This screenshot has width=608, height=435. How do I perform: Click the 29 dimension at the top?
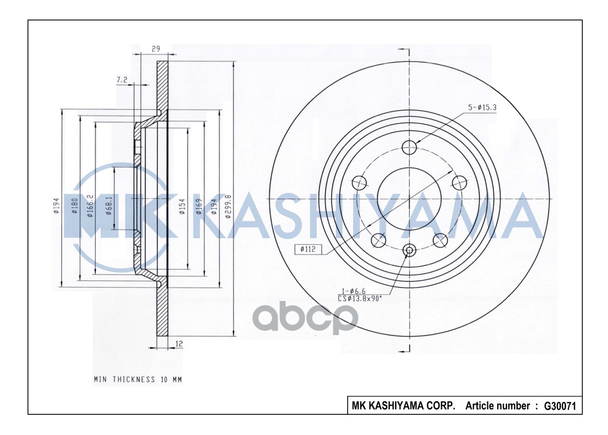156,49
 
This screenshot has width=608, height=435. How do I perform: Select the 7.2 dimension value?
122,80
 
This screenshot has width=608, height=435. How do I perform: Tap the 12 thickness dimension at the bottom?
179,344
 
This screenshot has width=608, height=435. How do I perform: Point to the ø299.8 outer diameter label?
229,206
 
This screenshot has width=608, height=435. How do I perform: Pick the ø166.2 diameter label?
90,206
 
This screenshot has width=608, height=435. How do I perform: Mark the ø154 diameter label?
183,206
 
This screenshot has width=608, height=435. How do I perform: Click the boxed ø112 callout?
308,250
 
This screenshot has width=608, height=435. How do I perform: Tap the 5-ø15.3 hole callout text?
482,108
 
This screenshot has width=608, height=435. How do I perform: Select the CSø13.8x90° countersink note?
359,298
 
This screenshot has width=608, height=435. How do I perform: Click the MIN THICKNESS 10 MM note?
137,380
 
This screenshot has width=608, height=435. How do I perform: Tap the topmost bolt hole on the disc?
410,147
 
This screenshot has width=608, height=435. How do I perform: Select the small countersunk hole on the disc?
410,250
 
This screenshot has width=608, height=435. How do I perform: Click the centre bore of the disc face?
410,199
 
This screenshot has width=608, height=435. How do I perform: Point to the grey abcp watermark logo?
304,318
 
